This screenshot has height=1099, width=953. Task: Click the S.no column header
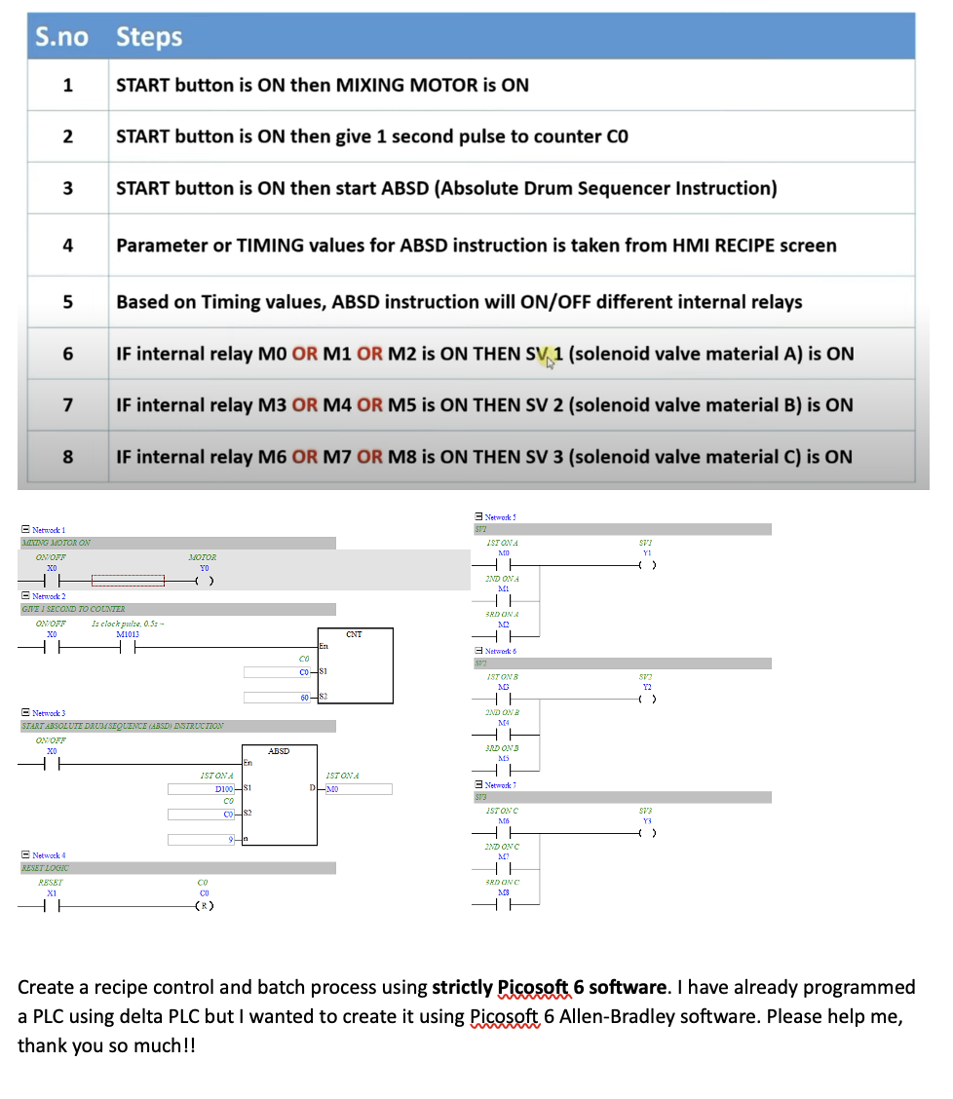pos(61,37)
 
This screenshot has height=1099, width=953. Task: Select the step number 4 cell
pos(67,245)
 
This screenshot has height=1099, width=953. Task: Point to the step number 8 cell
pos(67,456)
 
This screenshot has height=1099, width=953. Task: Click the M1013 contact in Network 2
pos(127,645)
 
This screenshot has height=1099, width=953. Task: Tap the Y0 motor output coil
pos(204,581)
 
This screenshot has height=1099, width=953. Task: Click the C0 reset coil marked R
pos(204,906)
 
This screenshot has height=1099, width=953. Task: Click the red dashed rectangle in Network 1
pos(128,581)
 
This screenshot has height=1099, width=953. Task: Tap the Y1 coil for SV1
pos(645,564)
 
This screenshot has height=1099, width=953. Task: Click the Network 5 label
pos(500,516)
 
